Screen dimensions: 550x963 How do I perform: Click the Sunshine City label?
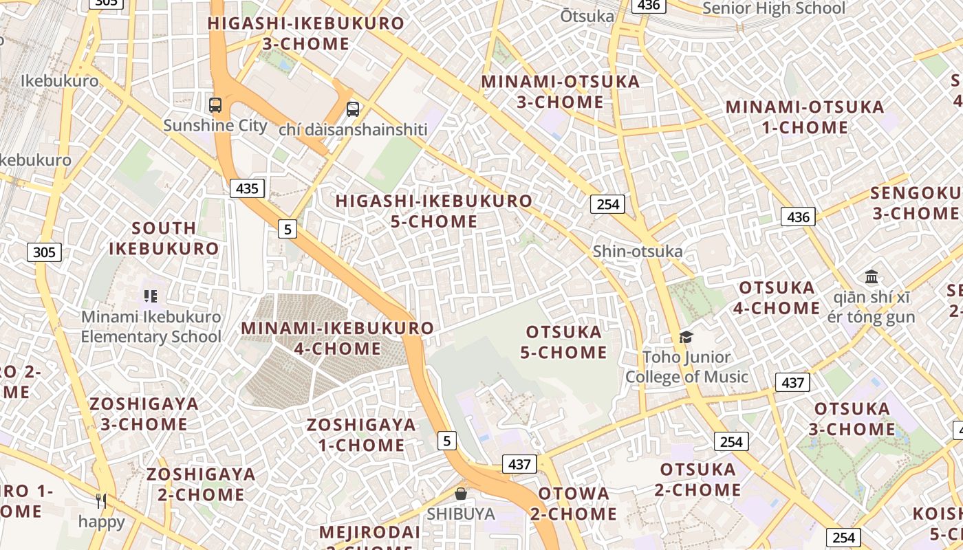click(215, 125)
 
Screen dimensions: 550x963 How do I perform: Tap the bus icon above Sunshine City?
click(215, 105)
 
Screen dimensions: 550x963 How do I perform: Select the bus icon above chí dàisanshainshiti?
click(353, 109)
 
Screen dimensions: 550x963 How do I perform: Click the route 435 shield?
click(247, 188)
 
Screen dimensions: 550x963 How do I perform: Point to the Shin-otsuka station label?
click(638, 251)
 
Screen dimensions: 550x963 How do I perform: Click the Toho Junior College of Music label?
click(686, 367)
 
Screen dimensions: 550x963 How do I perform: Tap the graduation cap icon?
click(686, 337)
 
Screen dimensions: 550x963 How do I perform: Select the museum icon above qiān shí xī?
click(872, 277)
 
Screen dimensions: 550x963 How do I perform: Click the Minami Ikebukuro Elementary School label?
click(151, 327)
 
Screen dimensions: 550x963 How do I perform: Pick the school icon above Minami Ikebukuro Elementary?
click(151, 296)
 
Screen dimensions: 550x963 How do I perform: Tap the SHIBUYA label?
click(460, 514)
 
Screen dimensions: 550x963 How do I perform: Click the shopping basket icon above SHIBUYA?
click(461, 494)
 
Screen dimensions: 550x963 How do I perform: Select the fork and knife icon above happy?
click(101, 501)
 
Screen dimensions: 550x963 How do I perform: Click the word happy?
click(101, 522)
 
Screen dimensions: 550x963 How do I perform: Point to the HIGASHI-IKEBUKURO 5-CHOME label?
click(433, 211)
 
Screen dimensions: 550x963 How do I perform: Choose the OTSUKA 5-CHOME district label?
click(563, 342)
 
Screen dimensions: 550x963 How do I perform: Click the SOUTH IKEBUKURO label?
click(164, 238)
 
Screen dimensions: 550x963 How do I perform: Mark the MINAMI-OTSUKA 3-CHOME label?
click(560, 91)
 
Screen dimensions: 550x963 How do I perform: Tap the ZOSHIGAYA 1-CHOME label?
click(361, 434)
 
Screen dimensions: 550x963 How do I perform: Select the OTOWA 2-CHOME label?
click(574, 503)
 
